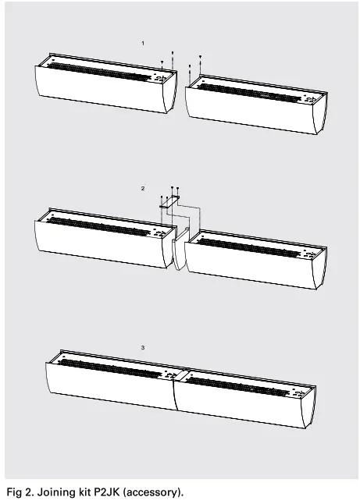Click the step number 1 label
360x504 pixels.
pos(141,41)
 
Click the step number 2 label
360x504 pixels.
pos(141,189)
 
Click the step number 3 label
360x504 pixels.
pos(141,346)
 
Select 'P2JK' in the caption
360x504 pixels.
pos(104,492)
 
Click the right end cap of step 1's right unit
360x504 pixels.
pos(317,113)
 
